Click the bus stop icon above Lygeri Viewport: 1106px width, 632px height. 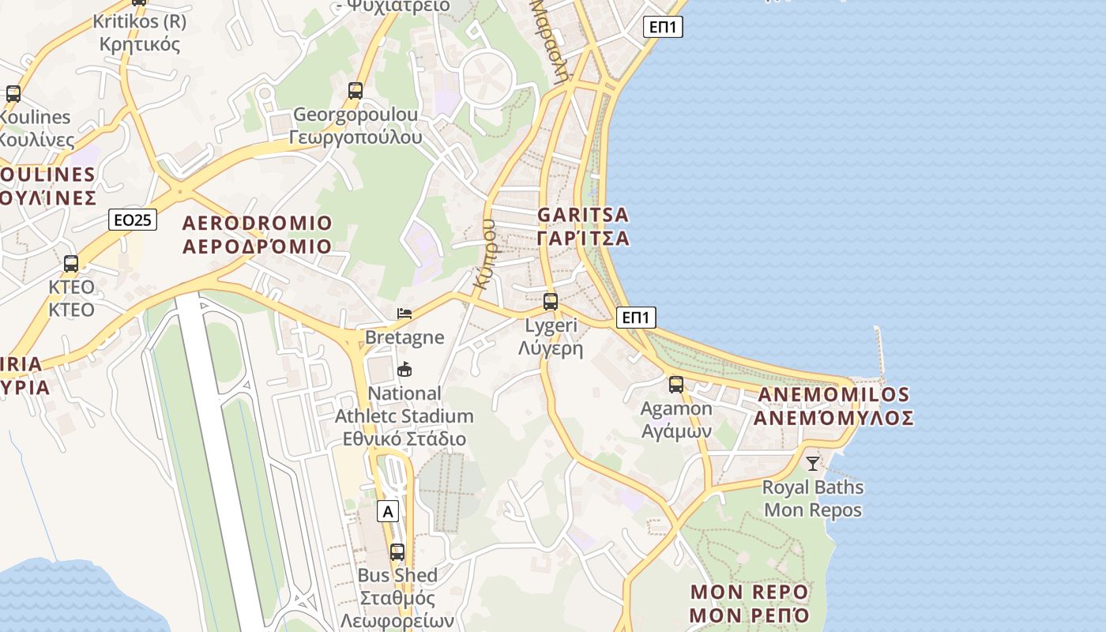[x=551, y=301]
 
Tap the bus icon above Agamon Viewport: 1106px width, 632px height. [x=676, y=385]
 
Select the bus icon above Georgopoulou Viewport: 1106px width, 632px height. [x=355, y=91]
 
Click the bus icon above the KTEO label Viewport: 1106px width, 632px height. [x=71, y=263]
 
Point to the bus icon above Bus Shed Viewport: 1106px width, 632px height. [x=397, y=551]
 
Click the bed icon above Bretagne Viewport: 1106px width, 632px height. [x=404, y=314]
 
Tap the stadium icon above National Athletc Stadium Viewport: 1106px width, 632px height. [x=404, y=369]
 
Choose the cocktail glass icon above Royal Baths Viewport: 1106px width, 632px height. [x=813, y=463]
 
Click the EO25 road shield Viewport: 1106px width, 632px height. [x=133, y=220]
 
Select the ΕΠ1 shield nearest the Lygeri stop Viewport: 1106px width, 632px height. [x=636, y=318]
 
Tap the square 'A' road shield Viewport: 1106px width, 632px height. [x=388, y=511]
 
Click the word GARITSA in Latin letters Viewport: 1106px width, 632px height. [x=583, y=215]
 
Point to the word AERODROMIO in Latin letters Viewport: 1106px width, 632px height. [x=258, y=222]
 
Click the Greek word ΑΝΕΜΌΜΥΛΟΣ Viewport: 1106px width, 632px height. [x=833, y=418]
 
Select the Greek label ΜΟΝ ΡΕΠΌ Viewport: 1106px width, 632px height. [x=750, y=615]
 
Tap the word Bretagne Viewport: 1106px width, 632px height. [x=404, y=337]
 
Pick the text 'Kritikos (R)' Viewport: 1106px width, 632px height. [x=140, y=21]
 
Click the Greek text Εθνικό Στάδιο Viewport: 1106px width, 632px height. [x=404, y=438]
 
